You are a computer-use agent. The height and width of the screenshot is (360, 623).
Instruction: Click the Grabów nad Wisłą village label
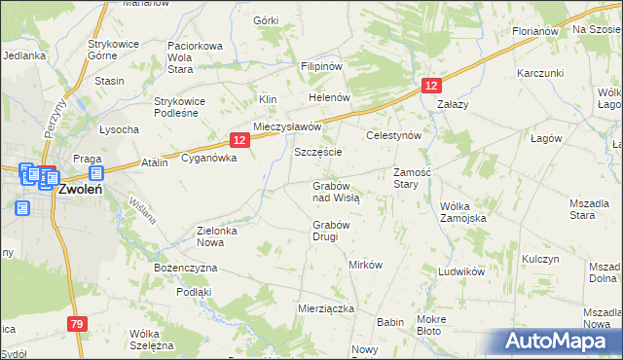[x=336, y=191]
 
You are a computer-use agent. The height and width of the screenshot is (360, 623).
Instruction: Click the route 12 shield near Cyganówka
[x=241, y=140]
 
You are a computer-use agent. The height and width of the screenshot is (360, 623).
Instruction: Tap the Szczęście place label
[x=317, y=154]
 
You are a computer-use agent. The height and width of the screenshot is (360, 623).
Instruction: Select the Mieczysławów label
[x=287, y=127]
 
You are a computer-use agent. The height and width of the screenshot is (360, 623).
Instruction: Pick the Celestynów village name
[x=392, y=135]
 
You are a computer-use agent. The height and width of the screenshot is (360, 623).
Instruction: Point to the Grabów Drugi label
[x=331, y=231]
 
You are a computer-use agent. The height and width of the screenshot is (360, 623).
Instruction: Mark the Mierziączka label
[x=325, y=307]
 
